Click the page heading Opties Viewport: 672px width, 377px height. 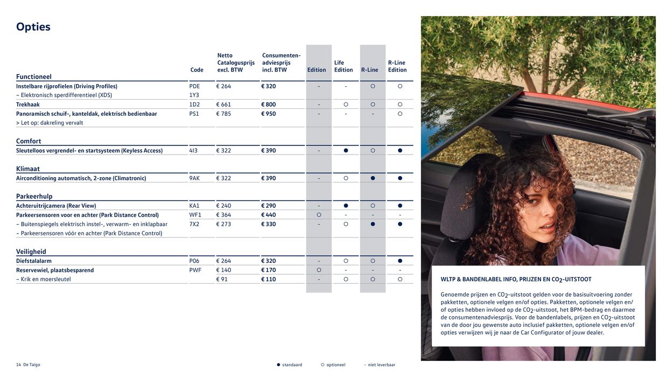click(x=33, y=27)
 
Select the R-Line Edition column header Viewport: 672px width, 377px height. click(x=397, y=66)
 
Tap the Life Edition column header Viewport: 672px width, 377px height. click(x=343, y=66)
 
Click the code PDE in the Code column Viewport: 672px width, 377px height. click(x=195, y=86)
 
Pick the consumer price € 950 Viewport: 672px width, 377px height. click(x=268, y=114)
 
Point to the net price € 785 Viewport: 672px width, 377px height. click(x=224, y=114)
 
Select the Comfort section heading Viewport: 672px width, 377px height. click(x=29, y=141)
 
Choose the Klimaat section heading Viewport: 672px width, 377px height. click(x=28, y=169)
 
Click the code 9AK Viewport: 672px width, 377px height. click(x=195, y=178)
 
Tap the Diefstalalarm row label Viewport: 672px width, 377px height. click(x=34, y=261)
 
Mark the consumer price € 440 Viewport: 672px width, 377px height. click(x=268, y=215)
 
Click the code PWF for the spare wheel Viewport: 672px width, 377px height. click(x=195, y=270)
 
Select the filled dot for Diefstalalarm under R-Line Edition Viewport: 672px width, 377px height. click(x=400, y=261)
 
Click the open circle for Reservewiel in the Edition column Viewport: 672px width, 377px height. click(x=319, y=270)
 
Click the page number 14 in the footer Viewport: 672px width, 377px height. click(x=18, y=365)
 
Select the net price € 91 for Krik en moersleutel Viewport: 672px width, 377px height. click(x=222, y=280)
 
